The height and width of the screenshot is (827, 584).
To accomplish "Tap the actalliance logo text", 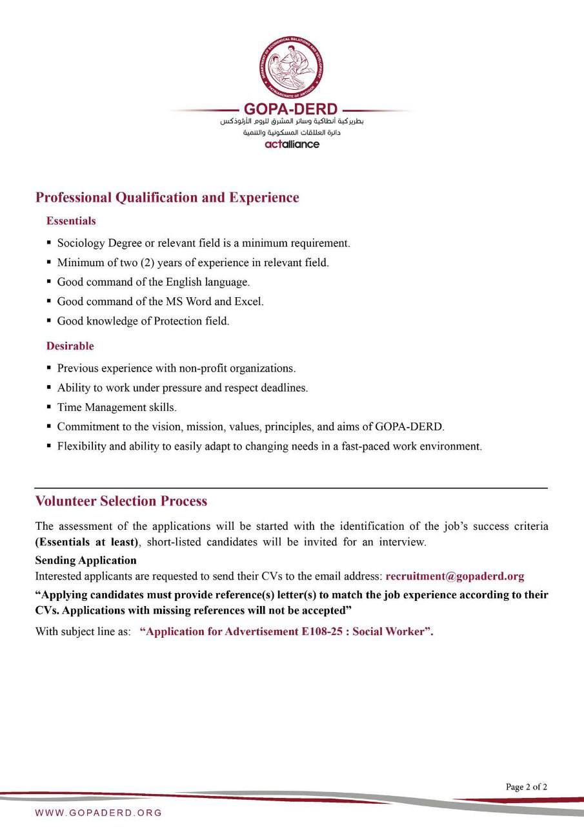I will tap(292, 144).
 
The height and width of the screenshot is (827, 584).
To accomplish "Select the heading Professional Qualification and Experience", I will tap(167, 198).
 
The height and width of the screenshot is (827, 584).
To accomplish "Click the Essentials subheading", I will tap(71, 221).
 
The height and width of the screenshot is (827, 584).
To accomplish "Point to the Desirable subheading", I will tap(70, 346).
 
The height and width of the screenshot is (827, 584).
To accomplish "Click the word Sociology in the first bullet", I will tap(81, 244).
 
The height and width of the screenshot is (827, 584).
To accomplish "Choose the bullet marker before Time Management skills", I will tap(49, 407).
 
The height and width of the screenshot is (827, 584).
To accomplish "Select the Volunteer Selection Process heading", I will tap(121, 501).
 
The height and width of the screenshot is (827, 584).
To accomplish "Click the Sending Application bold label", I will tap(86, 560).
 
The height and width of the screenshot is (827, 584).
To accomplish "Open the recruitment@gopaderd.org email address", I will tap(454, 576).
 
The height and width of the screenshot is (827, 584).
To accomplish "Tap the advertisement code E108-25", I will tap(325, 632).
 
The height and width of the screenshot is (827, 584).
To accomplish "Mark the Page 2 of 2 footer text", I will tap(527, 787).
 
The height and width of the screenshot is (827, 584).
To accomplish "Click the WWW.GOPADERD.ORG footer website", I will tap(99, 813).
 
